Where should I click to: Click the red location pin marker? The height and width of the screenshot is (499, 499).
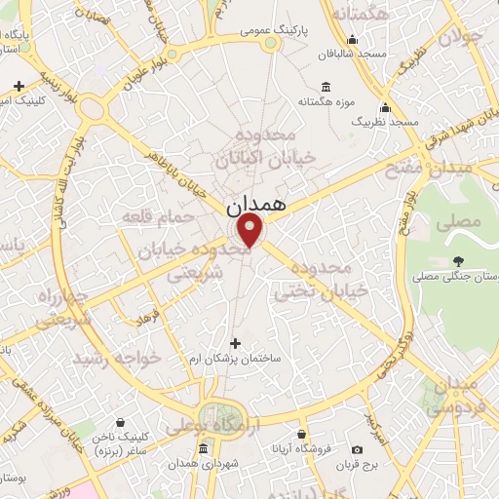[x=251, y=231]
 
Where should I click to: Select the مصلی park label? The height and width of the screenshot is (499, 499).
[x=463, y=222]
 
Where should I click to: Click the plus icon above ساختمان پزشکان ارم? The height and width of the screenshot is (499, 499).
[x=235, y=343]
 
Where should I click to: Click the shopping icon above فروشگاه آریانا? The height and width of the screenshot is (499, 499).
[x=302, y=434]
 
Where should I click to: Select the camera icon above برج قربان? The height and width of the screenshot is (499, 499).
[x=357, y=449]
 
